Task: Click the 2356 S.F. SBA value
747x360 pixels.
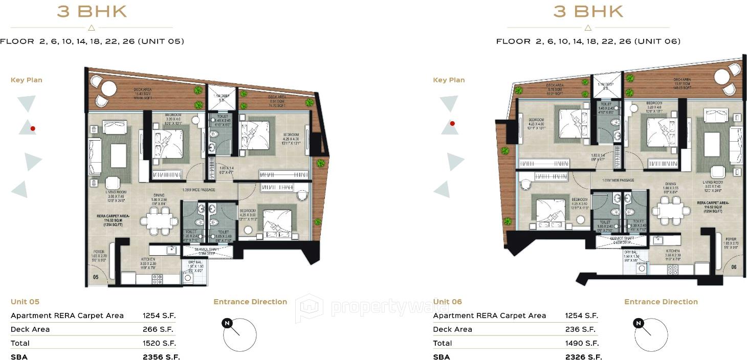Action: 161,357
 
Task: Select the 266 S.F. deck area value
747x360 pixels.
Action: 159,329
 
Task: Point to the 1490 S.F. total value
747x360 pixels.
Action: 582,343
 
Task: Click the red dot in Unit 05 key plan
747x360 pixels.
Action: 32,128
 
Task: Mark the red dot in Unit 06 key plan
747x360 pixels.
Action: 452,123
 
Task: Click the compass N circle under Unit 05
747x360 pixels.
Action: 226,323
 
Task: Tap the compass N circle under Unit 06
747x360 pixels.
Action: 638,323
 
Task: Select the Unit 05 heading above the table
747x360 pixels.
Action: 25,302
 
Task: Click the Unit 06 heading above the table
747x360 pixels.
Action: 448,302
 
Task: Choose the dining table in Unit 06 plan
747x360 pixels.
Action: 670,210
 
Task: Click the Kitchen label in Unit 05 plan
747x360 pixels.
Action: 148,259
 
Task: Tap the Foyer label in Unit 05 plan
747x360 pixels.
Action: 99,252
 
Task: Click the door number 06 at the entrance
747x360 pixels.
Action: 734,267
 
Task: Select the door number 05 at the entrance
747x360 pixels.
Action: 96,277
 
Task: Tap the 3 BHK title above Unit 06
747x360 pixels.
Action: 588,11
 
